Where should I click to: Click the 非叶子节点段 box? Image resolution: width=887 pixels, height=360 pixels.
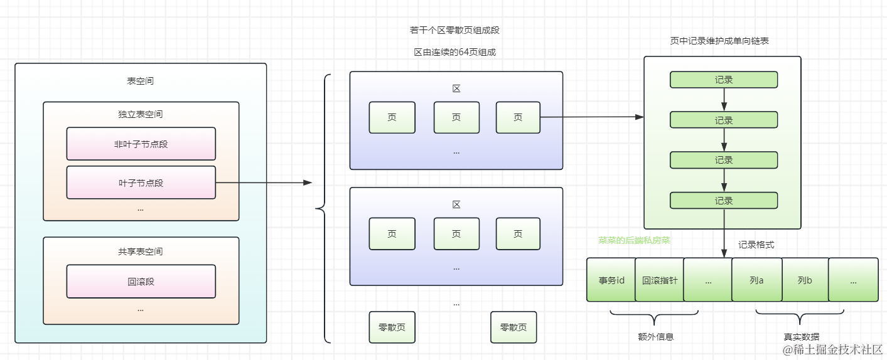(141, 144)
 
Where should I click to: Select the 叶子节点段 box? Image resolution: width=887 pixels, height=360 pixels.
(141, 183)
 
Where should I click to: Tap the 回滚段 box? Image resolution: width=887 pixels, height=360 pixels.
(141, 282)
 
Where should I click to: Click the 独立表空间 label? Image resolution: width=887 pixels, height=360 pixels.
(141, 114)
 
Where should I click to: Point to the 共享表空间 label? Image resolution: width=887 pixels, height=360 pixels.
(141, 251)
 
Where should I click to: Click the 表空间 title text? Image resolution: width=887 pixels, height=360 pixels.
(141, 81)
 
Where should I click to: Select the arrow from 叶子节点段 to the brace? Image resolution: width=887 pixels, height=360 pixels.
(264, 183)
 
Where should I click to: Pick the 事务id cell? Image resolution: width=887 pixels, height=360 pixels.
(611, 280)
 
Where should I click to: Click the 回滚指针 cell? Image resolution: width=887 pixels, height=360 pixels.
(659, 280)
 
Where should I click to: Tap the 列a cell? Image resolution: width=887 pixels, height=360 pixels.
(756, 280)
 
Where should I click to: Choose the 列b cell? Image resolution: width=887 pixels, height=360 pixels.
(805, 280)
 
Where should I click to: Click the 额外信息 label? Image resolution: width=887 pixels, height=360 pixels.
(655, 336)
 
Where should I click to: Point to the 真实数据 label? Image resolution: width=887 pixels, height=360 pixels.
(802, 337)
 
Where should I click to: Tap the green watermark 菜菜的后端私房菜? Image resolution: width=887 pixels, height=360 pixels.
(635, 240)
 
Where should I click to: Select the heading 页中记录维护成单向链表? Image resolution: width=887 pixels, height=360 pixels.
(719, 41)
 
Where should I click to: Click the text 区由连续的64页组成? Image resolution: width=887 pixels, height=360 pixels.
(454, 52)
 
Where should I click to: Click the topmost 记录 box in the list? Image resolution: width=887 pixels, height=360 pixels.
(724, 80)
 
